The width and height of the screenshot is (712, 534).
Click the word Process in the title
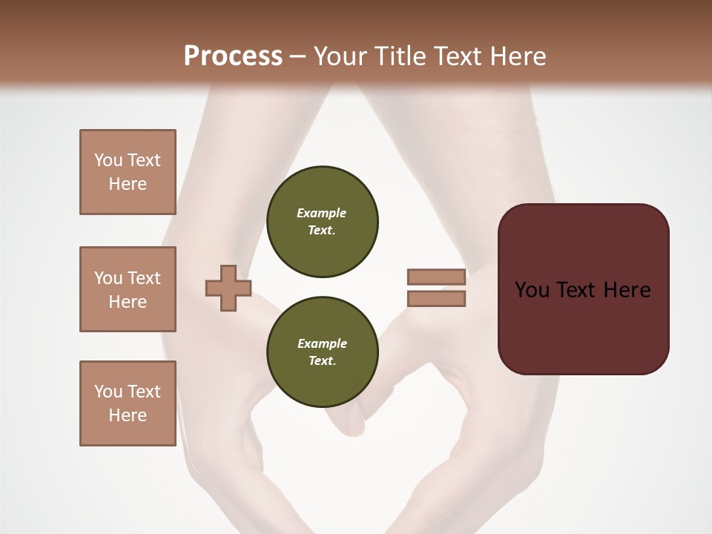pos(233,56)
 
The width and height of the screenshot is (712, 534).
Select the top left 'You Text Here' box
pos(128,172)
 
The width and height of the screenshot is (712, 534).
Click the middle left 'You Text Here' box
pos(128,289)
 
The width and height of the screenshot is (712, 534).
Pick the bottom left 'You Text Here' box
pos(128,403)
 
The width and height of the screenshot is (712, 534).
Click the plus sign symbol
pos(228,288)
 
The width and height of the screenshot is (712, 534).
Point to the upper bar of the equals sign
pos(436,277)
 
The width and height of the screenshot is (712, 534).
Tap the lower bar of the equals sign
pos(436,299)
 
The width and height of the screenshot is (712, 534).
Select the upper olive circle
pos(322,221)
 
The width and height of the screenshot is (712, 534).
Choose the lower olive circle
pos(322,352)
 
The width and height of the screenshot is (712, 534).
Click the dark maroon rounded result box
pos(583,289)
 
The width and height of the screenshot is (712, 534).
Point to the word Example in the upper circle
pos(322,213)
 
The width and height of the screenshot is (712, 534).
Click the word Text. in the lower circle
pos(322,360)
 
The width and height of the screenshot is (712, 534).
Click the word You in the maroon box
pos(532,290)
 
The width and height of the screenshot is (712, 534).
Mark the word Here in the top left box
pos(128,184)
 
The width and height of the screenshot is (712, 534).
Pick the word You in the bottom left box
pos(108,392)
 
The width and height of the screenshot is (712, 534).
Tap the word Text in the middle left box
pos(144,278)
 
